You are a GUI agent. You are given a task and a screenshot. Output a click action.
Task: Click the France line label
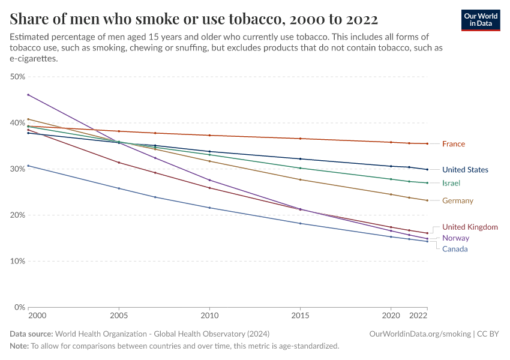(x=453, y=144)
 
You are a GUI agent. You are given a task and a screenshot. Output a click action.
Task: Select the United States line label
(x=465, y=170)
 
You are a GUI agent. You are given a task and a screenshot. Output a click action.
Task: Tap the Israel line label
(x=451, y=183)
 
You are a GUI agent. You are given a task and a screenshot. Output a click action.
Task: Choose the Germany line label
(x=458, y=201)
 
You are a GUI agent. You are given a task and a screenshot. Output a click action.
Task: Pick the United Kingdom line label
(x=470, y=227)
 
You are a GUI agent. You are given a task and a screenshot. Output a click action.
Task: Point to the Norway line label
(x=455, y=238)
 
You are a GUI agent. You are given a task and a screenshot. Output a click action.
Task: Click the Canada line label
(x=455, y=249)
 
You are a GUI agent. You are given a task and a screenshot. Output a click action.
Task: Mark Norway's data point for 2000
(x=28, y=95)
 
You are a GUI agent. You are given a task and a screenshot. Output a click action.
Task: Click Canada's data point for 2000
(x=28, y=166)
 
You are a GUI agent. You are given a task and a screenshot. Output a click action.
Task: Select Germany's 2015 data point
(x=300, y=180)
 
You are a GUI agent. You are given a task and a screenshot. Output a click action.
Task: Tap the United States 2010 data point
(x=209, y=152)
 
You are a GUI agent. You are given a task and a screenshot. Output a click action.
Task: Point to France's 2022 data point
(x=427, y=143)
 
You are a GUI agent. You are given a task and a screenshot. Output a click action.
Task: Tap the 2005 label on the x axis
(x=119, y=315)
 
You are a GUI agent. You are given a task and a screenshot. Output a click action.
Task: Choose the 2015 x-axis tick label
(x=300, y=315)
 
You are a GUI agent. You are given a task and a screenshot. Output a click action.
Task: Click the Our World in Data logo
(x=480, y=20)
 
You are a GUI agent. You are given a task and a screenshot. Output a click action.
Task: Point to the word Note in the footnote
(x=19, y=346)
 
